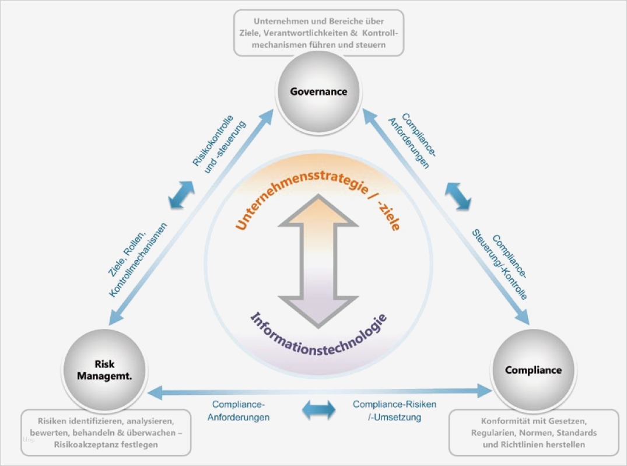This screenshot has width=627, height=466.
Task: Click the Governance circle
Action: [318, 92]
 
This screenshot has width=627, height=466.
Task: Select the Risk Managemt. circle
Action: [105, 370]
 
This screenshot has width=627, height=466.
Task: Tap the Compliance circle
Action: [533, 370]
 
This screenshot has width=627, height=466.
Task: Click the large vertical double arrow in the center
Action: [318, 260]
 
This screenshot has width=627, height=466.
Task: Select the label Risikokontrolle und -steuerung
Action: [219, 143]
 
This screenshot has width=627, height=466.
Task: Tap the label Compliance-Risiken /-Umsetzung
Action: [394, 411]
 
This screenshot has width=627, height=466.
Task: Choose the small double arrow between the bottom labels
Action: [319, 409]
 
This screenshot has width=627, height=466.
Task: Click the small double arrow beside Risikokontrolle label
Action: [181, 195]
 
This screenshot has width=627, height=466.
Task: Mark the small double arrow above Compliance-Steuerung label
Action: [458, 195]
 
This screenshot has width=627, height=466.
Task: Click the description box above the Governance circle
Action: [318, 33]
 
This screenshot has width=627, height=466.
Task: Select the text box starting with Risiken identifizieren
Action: [106, 432]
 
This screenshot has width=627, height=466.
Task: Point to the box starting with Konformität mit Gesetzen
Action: [533, 433]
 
